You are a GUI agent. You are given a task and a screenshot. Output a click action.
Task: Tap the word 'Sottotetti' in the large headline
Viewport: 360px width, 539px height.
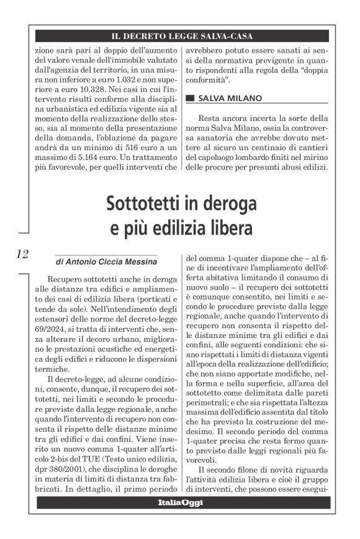tap(149, 203)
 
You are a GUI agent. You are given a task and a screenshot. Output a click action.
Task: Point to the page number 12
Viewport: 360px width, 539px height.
tap(22, 253)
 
